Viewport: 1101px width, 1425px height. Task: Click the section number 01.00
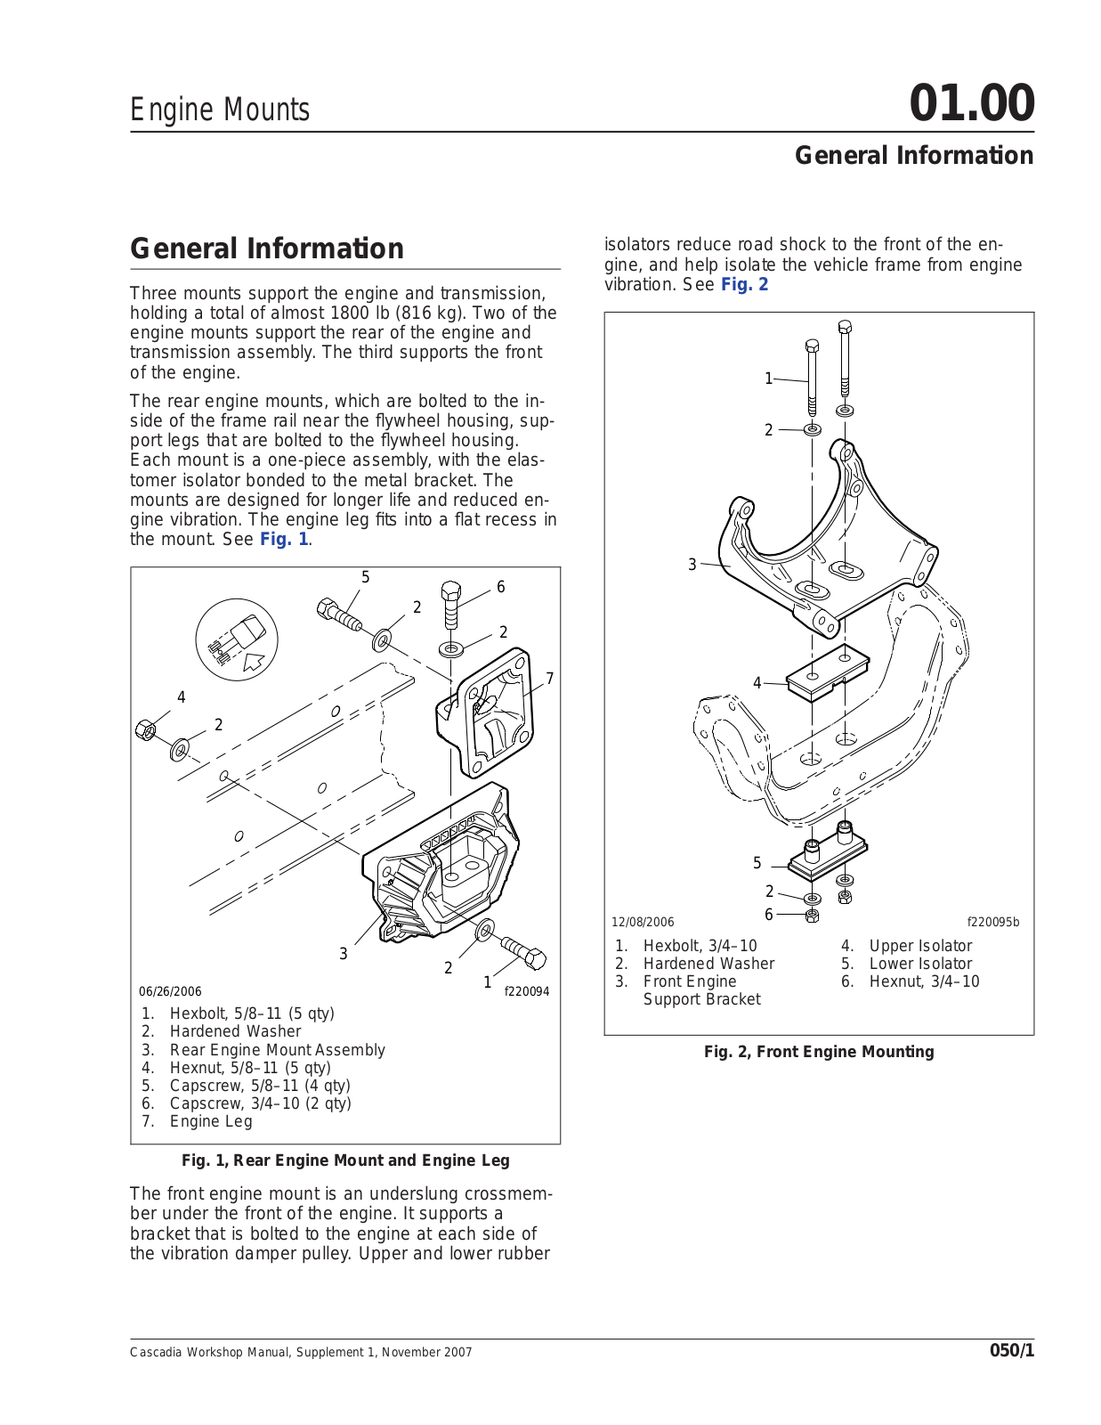coord(971,103)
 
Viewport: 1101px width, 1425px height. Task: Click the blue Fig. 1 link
coord(284,540)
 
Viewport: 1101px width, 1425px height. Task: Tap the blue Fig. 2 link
coord(744,285)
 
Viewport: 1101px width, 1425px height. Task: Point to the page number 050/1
coord(1012,1351)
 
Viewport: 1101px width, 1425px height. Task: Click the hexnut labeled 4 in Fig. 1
coord(145,730)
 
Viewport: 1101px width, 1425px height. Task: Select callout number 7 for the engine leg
coord(550,679)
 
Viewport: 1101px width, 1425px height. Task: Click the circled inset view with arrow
coord(237,639)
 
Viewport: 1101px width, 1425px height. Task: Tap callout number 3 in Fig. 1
coord(344,954)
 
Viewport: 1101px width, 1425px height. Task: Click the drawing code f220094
coord(527,991)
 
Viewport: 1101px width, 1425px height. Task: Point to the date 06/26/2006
coord(170,991)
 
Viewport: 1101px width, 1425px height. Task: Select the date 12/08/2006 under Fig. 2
coord(643,923)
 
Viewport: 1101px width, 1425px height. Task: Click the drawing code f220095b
coord(993,923)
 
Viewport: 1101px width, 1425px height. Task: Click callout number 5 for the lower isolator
coord(757,863)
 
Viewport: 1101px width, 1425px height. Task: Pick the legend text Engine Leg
coord(211,1121)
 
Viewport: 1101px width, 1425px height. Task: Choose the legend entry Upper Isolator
coord(920,946)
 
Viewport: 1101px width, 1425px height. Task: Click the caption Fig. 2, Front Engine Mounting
coord(819,1052)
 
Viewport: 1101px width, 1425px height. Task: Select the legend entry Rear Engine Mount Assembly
coord(278,1050)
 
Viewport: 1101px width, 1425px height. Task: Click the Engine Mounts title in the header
coord(220,110)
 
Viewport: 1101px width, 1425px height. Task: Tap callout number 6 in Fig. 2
coord(769,915)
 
